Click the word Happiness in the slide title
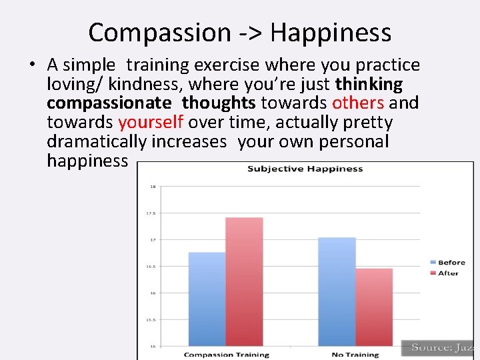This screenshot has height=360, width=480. [x=331, y=32]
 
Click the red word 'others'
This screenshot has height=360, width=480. [x=358, y=103]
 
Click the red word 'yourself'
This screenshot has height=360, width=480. [x=151, y=123]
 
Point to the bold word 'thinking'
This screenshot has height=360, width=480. [x=369, y=84]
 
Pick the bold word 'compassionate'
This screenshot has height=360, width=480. [x=109, y=103]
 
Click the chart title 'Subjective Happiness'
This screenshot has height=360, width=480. [x=305, y=169]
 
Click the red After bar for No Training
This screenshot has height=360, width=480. [x=373, y=307]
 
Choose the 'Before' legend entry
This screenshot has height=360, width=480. [x=448, y=263]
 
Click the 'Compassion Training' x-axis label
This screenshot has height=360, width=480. [x=226, y=355]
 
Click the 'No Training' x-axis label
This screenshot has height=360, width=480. [x=355, y=355]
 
